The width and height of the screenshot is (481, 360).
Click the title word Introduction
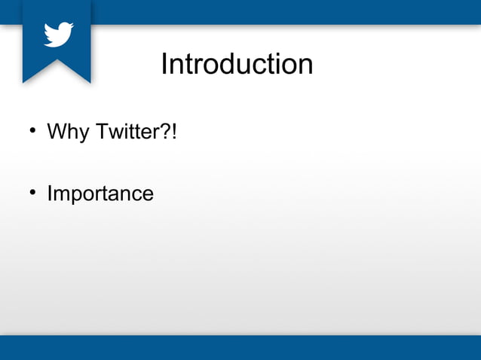coord(237,64)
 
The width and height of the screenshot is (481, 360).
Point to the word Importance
coord(100,194)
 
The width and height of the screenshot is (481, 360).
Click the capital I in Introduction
coord(164,64)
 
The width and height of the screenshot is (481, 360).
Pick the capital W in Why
coord(57,133)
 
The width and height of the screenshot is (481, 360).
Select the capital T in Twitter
coord(101,133)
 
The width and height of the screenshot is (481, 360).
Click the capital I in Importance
coord(50,194)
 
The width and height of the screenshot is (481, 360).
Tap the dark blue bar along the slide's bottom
coord(240,348)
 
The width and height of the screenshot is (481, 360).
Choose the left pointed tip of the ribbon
coord(24,80)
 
